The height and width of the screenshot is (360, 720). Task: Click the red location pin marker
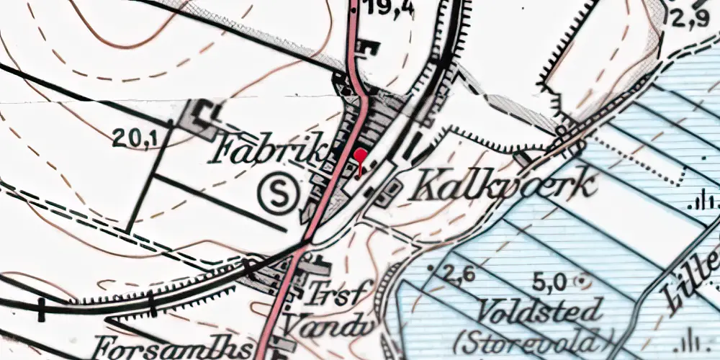coord(361,158)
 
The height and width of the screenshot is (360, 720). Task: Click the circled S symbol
coord(279,193)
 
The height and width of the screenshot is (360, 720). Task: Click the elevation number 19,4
coord(389,8)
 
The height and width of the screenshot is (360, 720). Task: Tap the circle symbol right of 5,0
coord(582,280)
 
